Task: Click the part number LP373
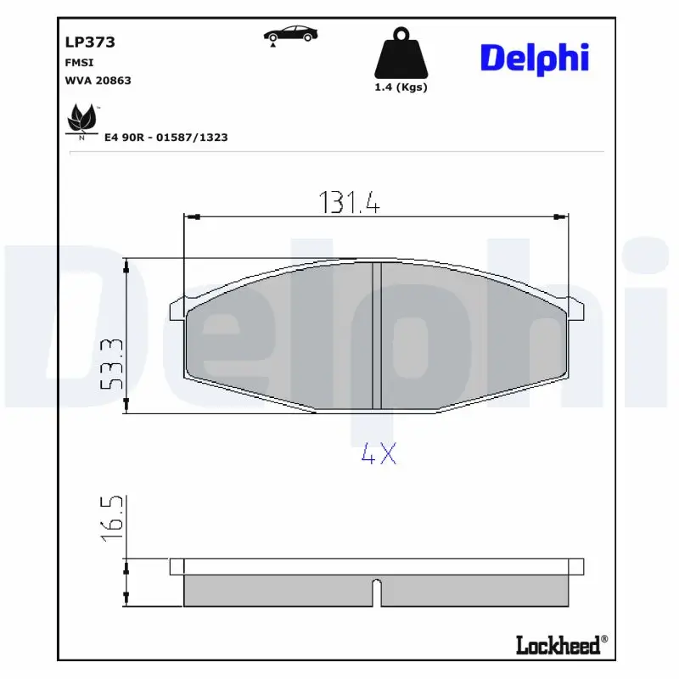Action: point(89,42)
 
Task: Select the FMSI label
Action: point(79,63)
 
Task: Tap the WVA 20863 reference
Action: point(98,81)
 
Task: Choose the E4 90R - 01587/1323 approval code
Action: point(166,136)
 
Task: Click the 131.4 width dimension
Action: point(349,201)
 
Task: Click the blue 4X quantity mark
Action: point(378,455)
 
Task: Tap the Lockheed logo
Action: point(561,645)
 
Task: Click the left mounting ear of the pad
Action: point(177,310)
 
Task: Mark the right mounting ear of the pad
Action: point(575,310)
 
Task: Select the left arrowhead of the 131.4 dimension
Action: point(190,218)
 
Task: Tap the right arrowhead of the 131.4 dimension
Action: point(560,218)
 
